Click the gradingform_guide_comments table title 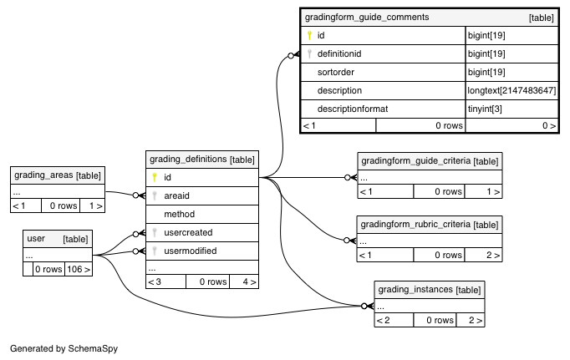click(x=367, y=17)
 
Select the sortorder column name click(x=335, y=72)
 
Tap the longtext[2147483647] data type click(x=511, y=90)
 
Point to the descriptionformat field click(x=353, y=109)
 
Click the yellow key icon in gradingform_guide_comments click(x=309, y=35)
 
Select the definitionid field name click(x=339, y=53)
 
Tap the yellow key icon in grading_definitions click(x=155, y=177)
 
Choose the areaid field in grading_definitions click(x=176, y=195)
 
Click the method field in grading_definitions click(x=179, y=214)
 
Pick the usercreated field click(x=188, y=232)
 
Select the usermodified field click(x=190, y=251)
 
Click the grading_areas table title click(x=43, y=175)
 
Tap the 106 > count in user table click(x=79, y=269)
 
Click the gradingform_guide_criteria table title click(x=416, y=161)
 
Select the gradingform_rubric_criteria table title click(x=415, y=224)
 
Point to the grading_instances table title click(x=415, y=290)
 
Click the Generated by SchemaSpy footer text click(x=64, y=349)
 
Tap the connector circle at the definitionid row click(x=291, y=56)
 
